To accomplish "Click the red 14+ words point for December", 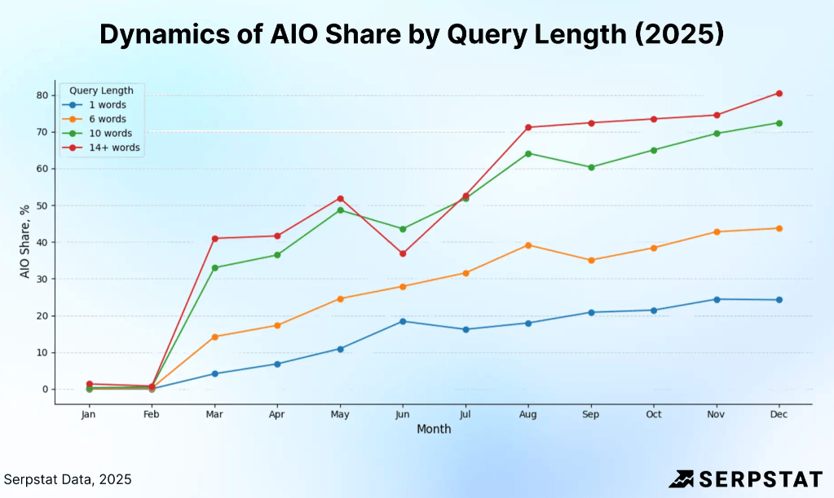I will [x=779, y=94].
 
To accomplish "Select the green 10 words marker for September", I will [x=591, y=167].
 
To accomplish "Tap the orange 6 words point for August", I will [x=528, y=245].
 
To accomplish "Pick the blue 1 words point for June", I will [x=403, y=321].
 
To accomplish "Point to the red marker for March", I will [x=214, y=238].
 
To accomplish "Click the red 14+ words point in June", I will [x=403, y=253].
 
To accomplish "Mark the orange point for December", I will [x=779, y=228].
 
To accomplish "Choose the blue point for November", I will [x=717, y=299].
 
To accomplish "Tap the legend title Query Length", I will [x=101, y=90].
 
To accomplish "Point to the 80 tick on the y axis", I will [x=42, y=95].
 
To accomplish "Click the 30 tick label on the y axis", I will [x=42, y=279].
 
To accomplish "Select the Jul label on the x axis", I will [x=466, y=414].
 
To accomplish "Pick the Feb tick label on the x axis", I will [x=152, y=414].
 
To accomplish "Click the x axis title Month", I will [x=434, y=429].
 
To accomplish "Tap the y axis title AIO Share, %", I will [x=25, y=242].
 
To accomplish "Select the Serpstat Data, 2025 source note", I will [x=68, y=479].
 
